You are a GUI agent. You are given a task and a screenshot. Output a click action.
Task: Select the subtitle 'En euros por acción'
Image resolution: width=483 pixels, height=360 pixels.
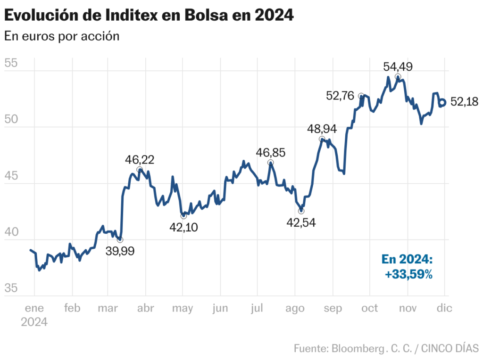pos(62,36)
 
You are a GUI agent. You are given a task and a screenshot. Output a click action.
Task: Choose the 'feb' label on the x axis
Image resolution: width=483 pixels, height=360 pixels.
pos(72,308)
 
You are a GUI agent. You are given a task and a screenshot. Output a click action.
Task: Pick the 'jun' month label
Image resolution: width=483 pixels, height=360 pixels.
pos(220,308)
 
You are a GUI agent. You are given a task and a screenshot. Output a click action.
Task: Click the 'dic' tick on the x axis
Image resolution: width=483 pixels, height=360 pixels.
pos(444,308)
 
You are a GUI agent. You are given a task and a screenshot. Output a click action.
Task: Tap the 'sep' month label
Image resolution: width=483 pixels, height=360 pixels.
pos(333,308)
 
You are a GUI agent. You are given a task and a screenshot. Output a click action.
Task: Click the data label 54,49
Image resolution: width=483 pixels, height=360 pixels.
pos(398,66)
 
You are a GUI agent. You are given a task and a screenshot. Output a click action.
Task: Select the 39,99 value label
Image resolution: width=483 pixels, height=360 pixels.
pos(120,251)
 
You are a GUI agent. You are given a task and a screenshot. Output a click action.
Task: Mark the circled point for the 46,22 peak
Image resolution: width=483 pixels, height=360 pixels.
pos(140,170)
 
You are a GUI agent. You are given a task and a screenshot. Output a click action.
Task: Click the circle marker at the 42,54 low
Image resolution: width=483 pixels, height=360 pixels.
pos(301,211)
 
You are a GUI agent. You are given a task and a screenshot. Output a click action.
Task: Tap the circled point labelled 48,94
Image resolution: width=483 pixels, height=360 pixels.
pos(322,139)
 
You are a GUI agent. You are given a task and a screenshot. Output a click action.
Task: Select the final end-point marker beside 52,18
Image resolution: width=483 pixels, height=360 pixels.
pos(443,102)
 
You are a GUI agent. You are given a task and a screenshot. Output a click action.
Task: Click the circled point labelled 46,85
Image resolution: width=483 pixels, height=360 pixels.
pos(270,163)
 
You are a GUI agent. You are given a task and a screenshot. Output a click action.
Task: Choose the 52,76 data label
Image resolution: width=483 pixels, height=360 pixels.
pos(340,95)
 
